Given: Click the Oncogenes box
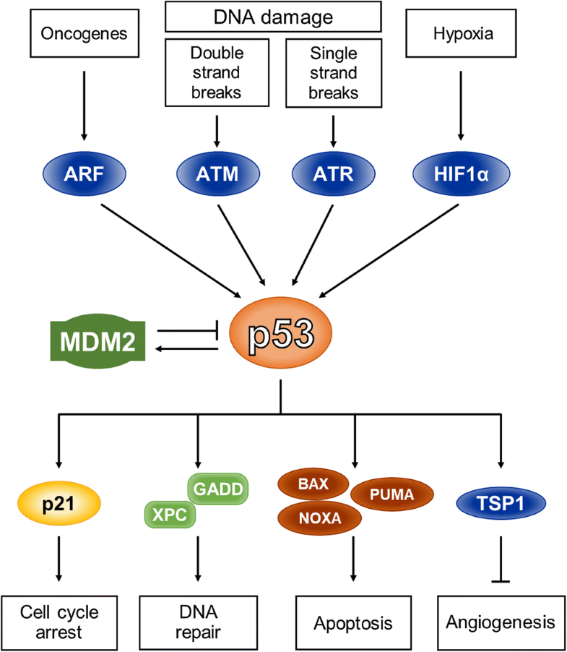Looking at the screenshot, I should tap(84, 34).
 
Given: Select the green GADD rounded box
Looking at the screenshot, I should tap(217, 489).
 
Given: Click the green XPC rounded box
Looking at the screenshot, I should tap(170, 514).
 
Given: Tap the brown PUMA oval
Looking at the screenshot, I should tap(391, 496).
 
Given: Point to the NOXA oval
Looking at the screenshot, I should tap(314, 518).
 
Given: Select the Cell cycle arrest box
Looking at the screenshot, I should tap(59, 621).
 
